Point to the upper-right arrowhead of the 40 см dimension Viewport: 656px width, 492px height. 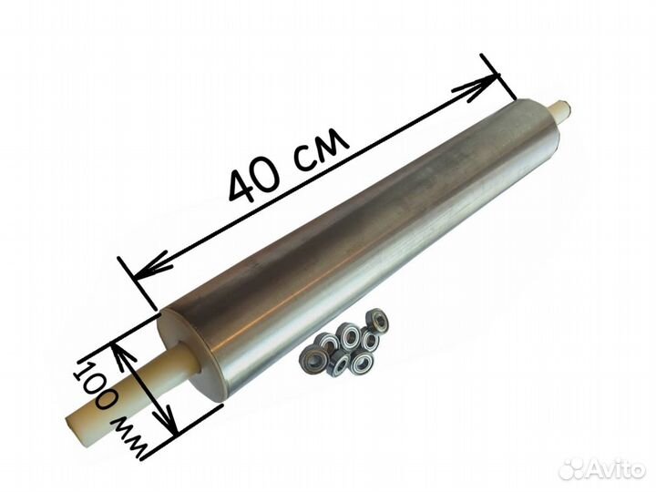pos(481,87)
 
